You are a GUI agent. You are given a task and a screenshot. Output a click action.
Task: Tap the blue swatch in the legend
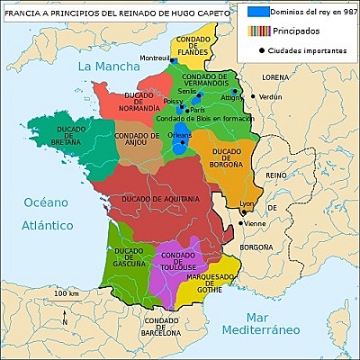(259, 13)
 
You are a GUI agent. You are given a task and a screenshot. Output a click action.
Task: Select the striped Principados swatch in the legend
(259, 31)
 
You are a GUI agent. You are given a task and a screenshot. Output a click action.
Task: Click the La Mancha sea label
(106, 67)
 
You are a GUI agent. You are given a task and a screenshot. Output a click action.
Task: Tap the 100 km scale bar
(67, 300)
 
